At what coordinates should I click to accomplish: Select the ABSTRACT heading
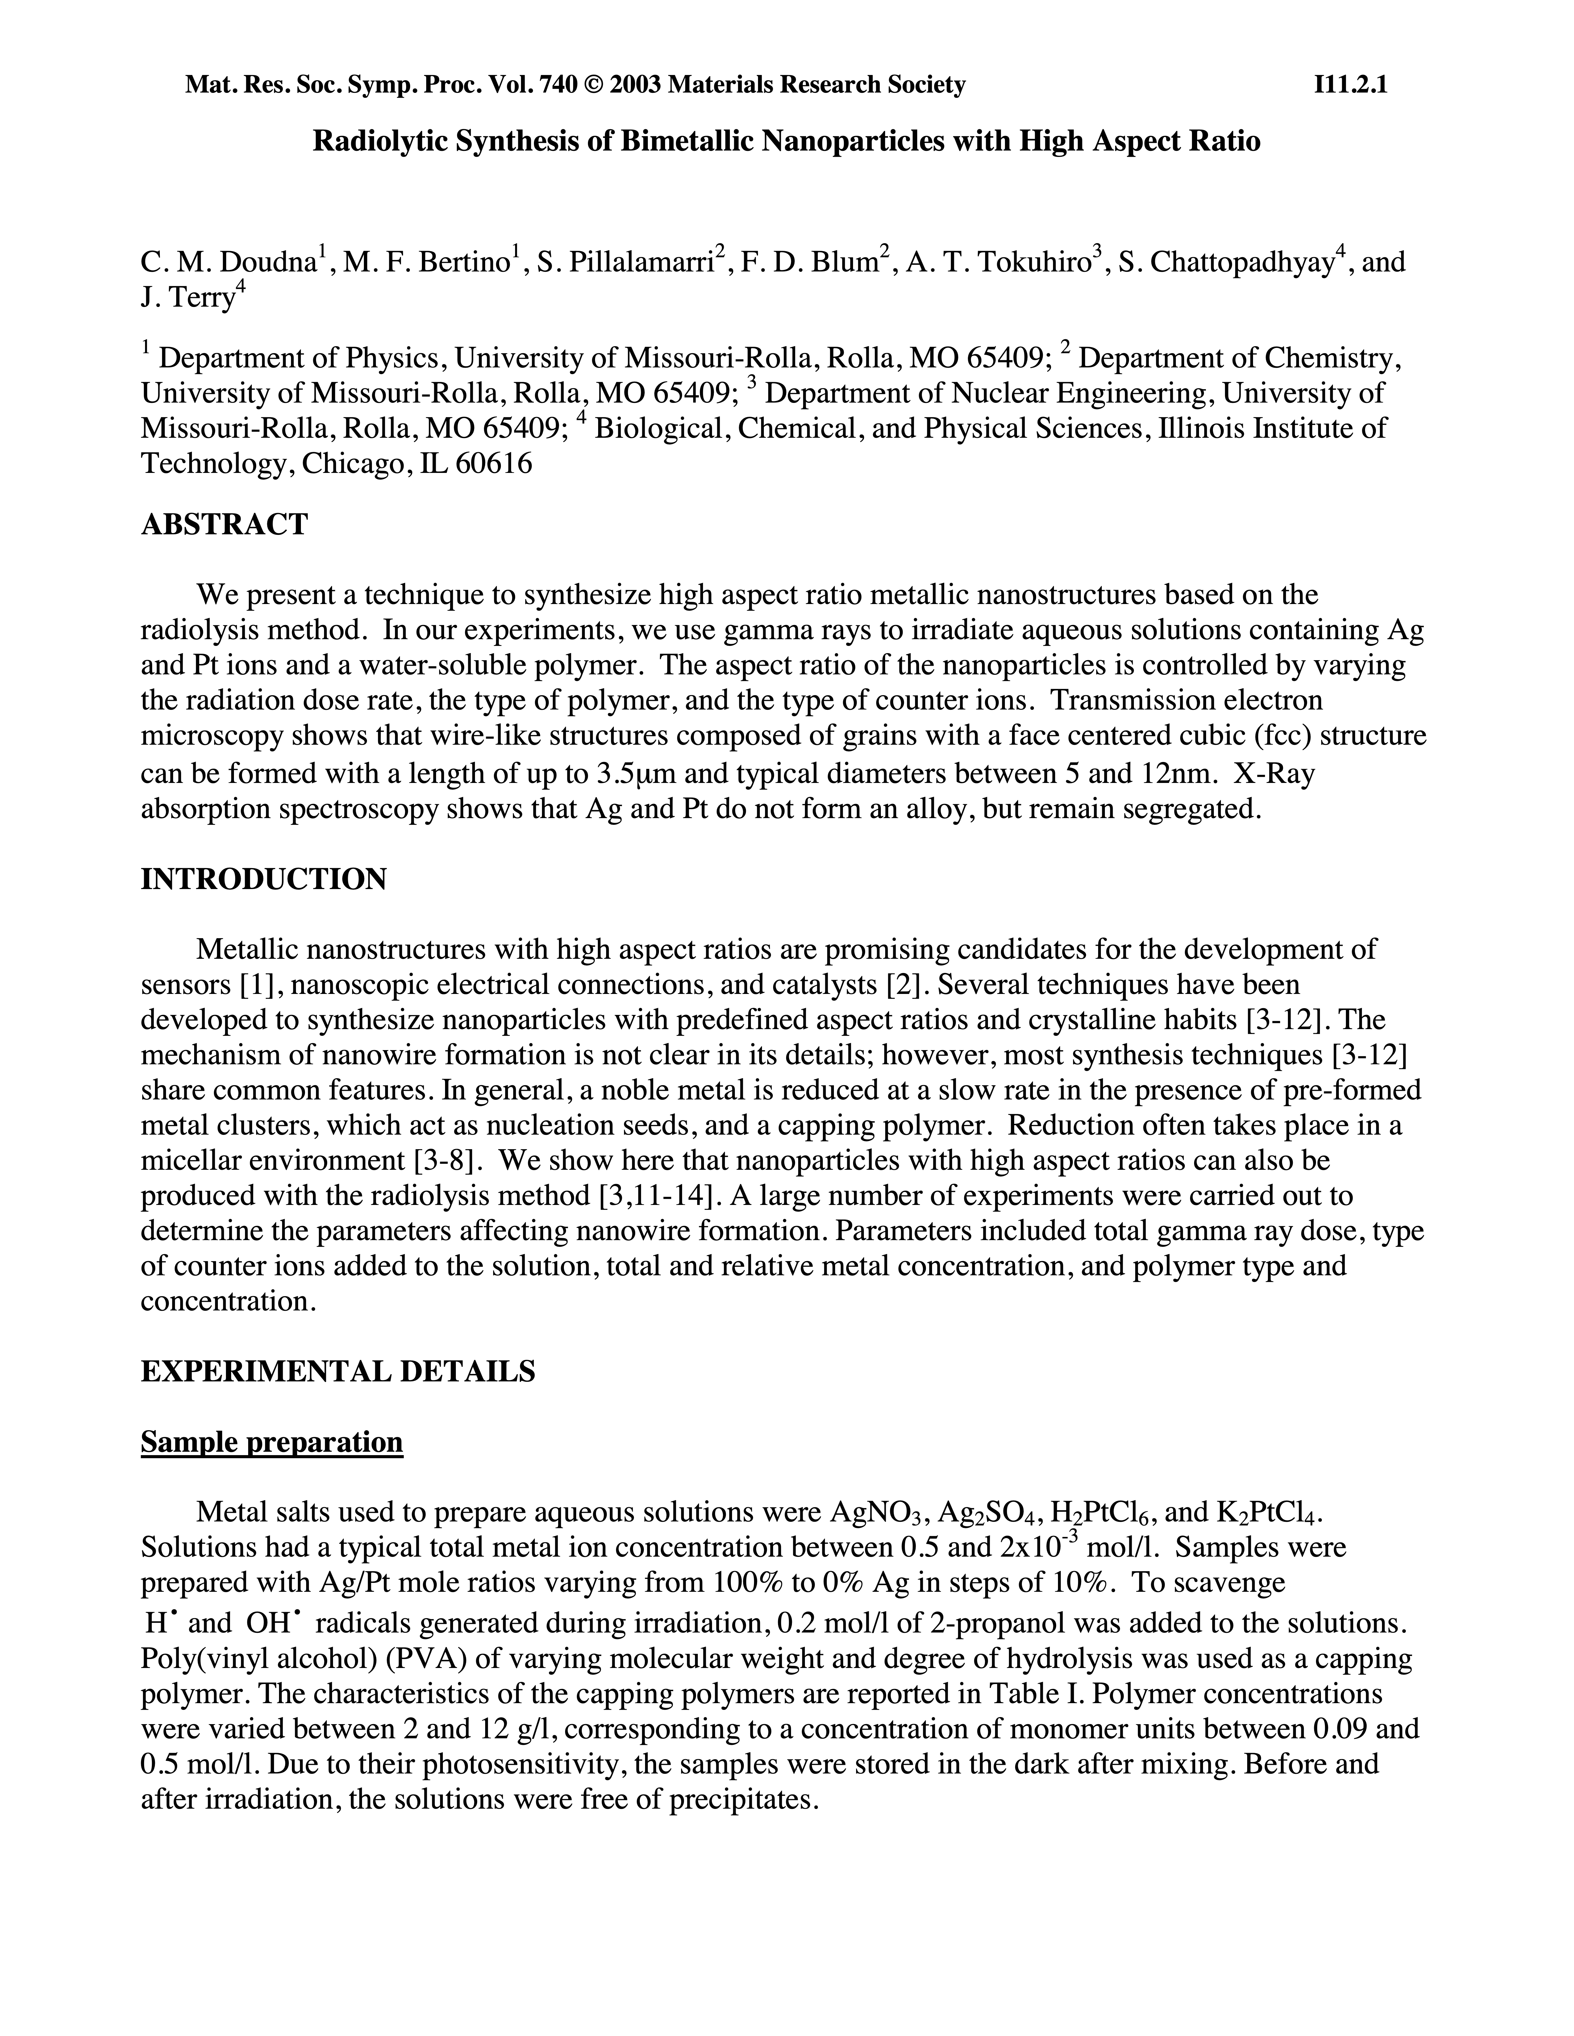tap(224, 525)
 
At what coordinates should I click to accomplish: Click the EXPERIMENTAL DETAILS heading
tap(338, 1371)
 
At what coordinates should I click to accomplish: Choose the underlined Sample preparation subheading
tap(271, 1442)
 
